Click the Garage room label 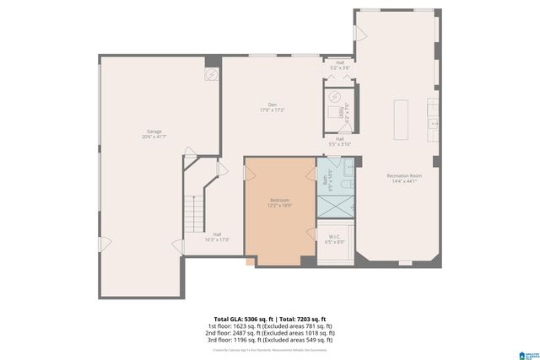click(154, 131)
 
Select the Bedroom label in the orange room click(279, 200)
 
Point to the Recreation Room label click(402, 175)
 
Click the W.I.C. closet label click(335, 237)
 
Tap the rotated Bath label click(324, 180)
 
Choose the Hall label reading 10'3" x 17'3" click(217, 234)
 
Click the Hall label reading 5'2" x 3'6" click(340, 62)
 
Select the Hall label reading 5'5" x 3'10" click(339, 138)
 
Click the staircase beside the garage click(197, 207)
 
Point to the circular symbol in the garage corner click(211, 74)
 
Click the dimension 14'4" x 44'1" click(402, 181)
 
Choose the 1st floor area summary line click(270, 325)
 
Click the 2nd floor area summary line click(270, 332)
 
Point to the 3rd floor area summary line click(270, 339)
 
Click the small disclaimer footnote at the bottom click(269, 349)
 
